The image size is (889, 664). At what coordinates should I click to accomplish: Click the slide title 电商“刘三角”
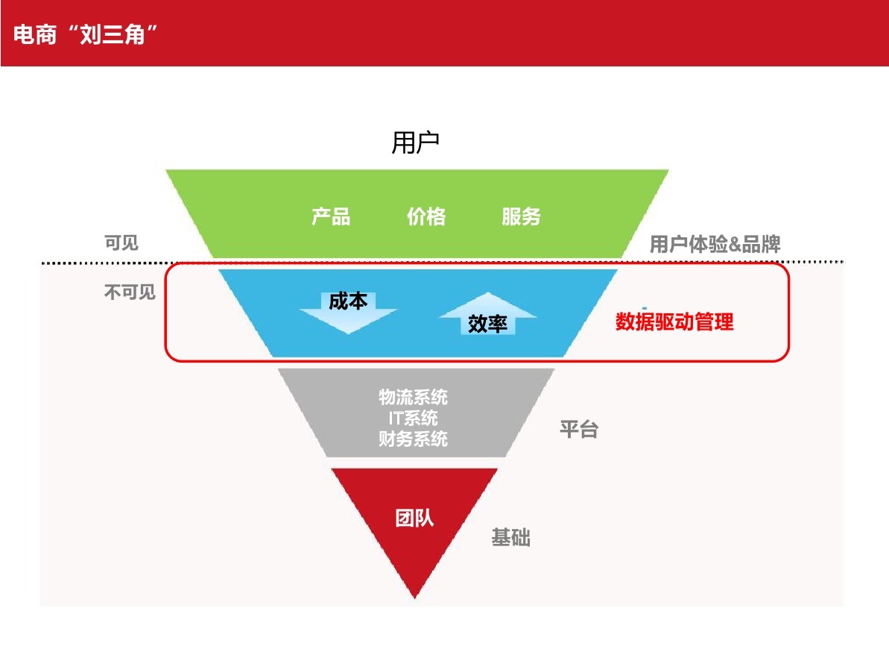click(88, 34)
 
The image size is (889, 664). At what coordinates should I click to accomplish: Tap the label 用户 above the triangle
click(416, 142)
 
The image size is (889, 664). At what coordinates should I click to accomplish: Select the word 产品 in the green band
click(331, 216)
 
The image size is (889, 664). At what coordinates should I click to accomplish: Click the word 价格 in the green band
click(426, 216)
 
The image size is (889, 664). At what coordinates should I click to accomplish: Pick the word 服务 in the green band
click(521, 216)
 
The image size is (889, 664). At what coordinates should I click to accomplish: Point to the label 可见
click(121, 243)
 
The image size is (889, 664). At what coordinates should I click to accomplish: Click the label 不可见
click(130, 292)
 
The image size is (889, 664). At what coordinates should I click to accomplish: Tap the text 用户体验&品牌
click(715, 244)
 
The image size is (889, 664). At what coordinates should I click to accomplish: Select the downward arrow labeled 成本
click(348, 310)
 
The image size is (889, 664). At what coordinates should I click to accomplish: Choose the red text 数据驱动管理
click(674, 322)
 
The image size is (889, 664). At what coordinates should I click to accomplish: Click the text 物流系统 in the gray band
click(413, 397)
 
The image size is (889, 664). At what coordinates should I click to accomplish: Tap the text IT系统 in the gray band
click(413, 418)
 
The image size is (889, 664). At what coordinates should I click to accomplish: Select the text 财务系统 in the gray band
click(413, 439)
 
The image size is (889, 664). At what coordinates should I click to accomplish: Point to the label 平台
click(579, 430)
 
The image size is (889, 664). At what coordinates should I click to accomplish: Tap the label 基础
click(510, 537)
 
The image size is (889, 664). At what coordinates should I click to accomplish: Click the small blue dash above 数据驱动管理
click(644, 307)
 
